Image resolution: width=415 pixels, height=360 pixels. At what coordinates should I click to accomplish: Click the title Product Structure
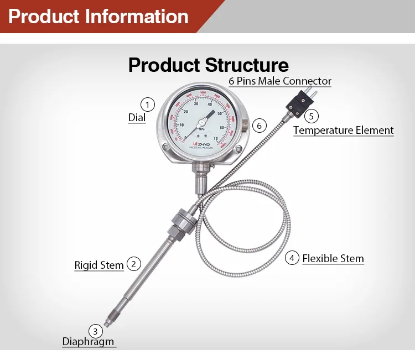[x=208, y=65]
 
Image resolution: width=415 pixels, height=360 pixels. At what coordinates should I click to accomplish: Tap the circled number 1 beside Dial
[x=147, y=104]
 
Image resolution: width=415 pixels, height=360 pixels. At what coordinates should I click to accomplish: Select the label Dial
[x=137, y=117]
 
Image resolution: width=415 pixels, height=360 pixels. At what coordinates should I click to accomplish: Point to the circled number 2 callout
[x=133, y=264]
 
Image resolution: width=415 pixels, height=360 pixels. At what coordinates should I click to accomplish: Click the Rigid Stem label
[x=99, y=265]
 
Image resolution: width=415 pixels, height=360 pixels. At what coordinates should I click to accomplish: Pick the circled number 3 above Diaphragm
[x=96, y=331]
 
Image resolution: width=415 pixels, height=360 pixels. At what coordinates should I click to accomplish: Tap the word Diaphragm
[x=88, y=341]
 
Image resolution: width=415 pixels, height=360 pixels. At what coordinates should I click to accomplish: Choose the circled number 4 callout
[x=292, y=258]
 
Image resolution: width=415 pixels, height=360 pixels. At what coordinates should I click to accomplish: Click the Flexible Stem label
[x=333, y=258]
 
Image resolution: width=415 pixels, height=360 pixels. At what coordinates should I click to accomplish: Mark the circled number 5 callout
[x=312, y=116]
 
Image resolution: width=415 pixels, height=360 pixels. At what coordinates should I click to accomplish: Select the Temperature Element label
[x=343, y=131]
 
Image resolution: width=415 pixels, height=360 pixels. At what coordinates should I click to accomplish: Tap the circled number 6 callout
[x=260, y=126]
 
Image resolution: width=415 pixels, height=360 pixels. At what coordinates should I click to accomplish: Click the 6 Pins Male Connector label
[x=280, y=81]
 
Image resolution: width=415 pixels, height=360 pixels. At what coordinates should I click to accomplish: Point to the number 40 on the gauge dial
[x=210, y=105]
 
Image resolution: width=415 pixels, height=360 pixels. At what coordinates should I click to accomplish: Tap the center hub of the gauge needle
[x=201, y=123]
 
